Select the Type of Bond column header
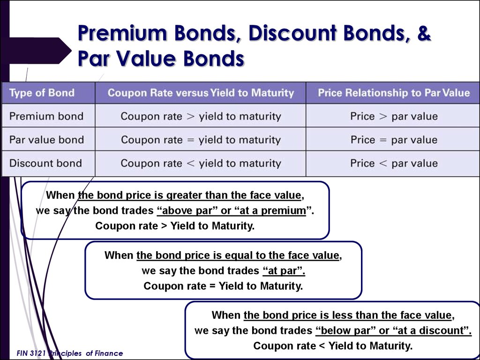pos(42,92)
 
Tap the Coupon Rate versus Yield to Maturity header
pos(201,92)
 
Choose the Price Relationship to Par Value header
pos(394,92)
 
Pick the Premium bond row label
pos(46,116)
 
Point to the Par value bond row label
pos(46,140)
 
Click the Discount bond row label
pos(45,163)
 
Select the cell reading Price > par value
pos(394,116)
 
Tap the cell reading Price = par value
pos(394,140)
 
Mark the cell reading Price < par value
pos(394,163)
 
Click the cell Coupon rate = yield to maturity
pos(201,140)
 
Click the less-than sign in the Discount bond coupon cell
pos(190,163)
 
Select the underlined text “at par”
pos(284,270)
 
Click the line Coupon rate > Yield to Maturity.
pos(175,226)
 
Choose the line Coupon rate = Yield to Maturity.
pos(223,286)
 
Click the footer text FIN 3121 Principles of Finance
pos(70,353)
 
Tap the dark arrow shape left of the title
pos(40,51)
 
